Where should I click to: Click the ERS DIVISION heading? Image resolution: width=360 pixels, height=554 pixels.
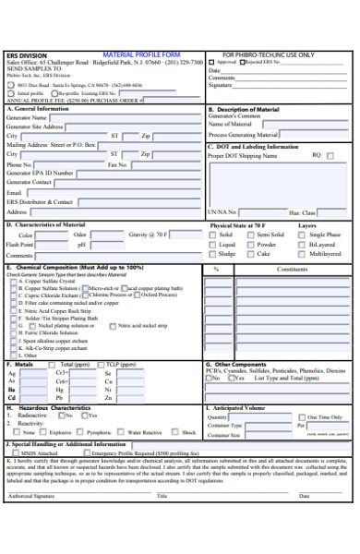click(24, 55)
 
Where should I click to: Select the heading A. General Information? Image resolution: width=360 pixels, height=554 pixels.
click(42, 109)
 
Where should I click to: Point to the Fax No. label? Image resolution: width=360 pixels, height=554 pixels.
click(118, 164)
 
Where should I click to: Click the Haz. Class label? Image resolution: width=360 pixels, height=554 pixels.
click(302, 211)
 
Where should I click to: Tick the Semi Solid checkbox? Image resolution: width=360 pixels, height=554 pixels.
click(249, 235)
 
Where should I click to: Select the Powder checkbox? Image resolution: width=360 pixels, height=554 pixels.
click(249, 245)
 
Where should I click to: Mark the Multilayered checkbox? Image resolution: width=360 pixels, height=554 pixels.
click(302, 253)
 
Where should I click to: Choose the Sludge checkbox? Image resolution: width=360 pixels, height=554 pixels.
click(213, 253)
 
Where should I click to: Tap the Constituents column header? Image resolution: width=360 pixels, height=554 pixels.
click(292, 270)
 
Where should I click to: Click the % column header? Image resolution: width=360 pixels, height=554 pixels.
click(216, 270)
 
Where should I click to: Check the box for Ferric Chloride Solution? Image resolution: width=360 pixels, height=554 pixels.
click(13, 332)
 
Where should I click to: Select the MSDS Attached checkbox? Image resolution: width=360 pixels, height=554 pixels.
click(16, 453)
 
